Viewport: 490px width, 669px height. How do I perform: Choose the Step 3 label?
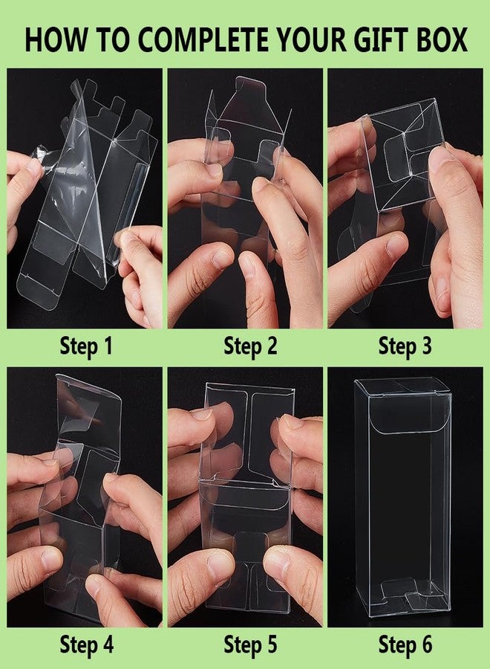pos(405,346)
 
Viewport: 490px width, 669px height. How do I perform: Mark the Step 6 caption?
pos(405,644)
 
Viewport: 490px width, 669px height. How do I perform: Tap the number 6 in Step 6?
pos(426,644)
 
